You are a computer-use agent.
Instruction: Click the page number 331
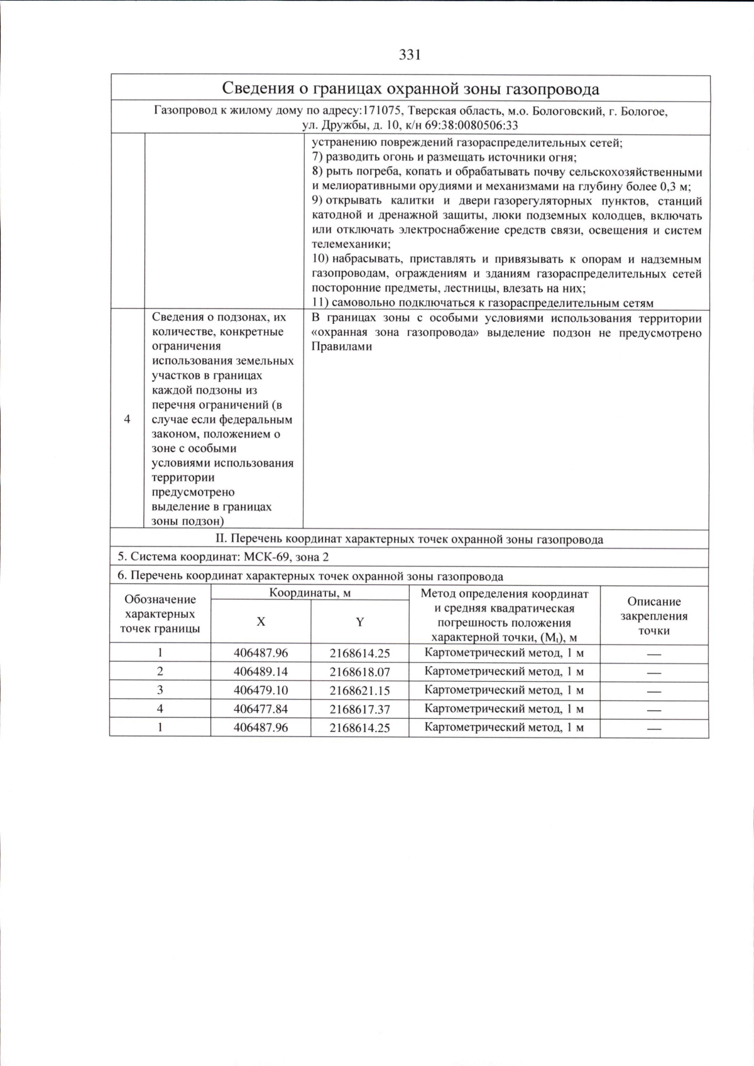[x=409, y=55]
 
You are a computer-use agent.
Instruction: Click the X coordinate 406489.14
[x=261, y=671]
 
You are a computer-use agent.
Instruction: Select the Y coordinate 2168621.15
[x=359, y=691]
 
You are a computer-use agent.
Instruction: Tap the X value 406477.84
[x=261, y=709]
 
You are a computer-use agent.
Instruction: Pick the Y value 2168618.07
[x=359, y=672]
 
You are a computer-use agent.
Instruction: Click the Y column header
[x=359, y=622]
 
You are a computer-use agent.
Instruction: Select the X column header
[x=261, y=622]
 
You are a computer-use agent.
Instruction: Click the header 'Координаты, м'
[x=310, y=593]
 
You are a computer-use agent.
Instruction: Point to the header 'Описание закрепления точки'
[x=653, y=616]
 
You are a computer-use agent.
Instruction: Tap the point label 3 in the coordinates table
[x=160, y=690]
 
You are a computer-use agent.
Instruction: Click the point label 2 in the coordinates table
[x=160, y=671]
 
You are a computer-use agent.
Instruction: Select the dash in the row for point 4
[x=653, y=709]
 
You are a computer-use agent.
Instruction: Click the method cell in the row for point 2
[x=504, y=671]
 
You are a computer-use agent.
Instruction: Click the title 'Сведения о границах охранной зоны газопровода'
[x=411, y=89]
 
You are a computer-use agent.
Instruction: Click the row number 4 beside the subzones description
[x=128, y=419]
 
